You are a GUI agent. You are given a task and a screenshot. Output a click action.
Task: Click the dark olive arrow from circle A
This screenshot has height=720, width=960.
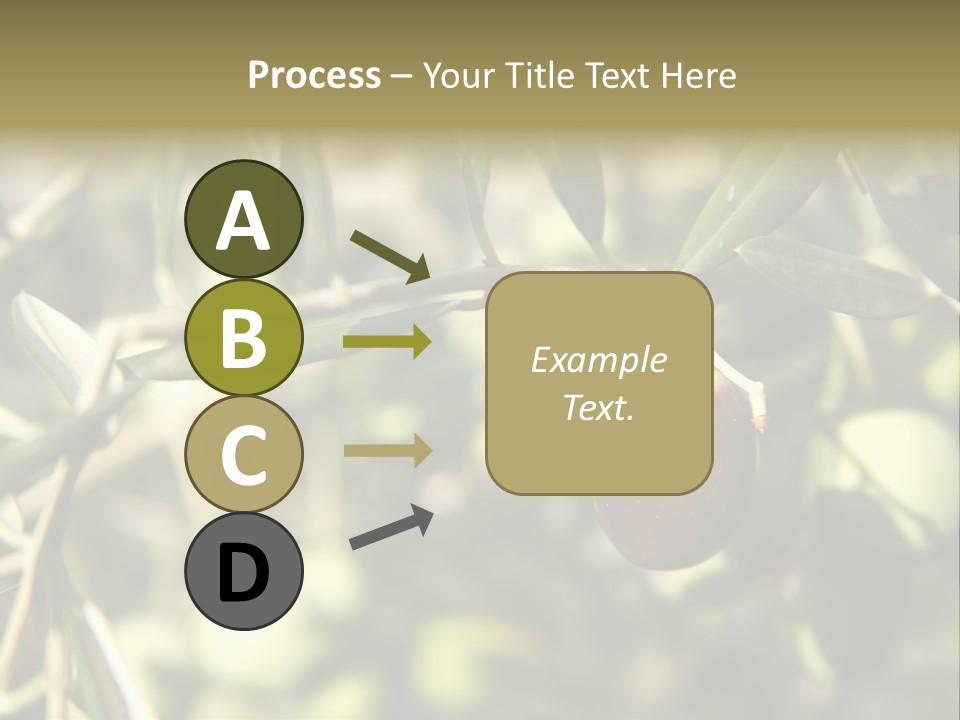(390, 256)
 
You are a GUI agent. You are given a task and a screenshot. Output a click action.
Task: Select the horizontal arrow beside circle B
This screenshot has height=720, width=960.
(387, 342)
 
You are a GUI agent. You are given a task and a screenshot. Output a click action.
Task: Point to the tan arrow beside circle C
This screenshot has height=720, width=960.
(387, 450)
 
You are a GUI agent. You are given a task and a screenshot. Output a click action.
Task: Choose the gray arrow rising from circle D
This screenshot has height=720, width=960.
(391, 528)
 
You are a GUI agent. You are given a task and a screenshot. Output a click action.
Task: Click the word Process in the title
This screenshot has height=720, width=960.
(314, 75)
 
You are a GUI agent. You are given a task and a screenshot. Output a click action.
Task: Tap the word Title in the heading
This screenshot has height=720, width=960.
(538, 75)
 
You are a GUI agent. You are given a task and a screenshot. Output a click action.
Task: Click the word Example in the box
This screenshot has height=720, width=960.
(598, 360)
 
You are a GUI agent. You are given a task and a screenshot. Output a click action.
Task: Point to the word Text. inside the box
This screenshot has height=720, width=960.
(598, 407)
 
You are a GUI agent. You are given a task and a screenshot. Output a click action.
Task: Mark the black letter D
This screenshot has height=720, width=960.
(244, 572)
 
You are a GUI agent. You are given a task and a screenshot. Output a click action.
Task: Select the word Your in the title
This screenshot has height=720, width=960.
(457, 75)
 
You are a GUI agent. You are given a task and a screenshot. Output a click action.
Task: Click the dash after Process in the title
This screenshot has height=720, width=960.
(401, 77)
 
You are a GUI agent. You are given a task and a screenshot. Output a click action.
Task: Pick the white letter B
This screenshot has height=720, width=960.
(244, 338)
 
